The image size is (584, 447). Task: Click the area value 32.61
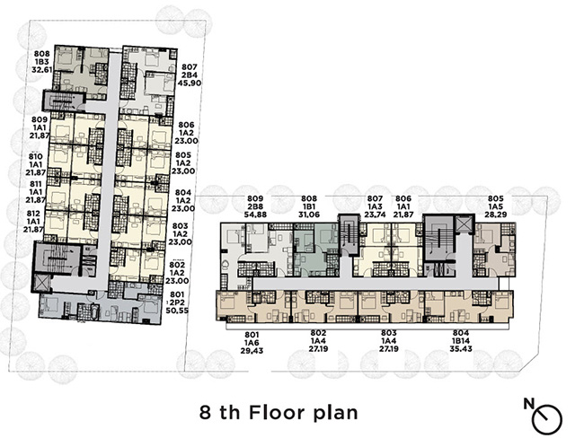point(42,69)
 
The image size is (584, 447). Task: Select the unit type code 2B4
point(190,74)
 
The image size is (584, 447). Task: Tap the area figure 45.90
point(190,83)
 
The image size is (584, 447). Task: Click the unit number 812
point(33,214)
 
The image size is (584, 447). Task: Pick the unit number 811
point(36,184)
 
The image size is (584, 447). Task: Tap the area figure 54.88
point(255,214)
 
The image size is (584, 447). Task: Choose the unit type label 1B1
point(309,206)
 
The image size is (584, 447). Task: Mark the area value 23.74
point(375,214)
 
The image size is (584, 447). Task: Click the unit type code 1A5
point(495,206)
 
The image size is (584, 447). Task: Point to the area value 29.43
point(252,350)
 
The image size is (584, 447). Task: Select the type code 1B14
point(461,341)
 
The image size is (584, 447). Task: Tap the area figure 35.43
point(461,349)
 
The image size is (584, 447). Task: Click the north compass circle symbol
point(547,420)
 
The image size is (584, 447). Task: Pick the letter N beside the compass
point(529,404)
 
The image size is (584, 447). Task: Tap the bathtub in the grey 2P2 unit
point(94,311)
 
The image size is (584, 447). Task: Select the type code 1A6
point(252,342)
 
